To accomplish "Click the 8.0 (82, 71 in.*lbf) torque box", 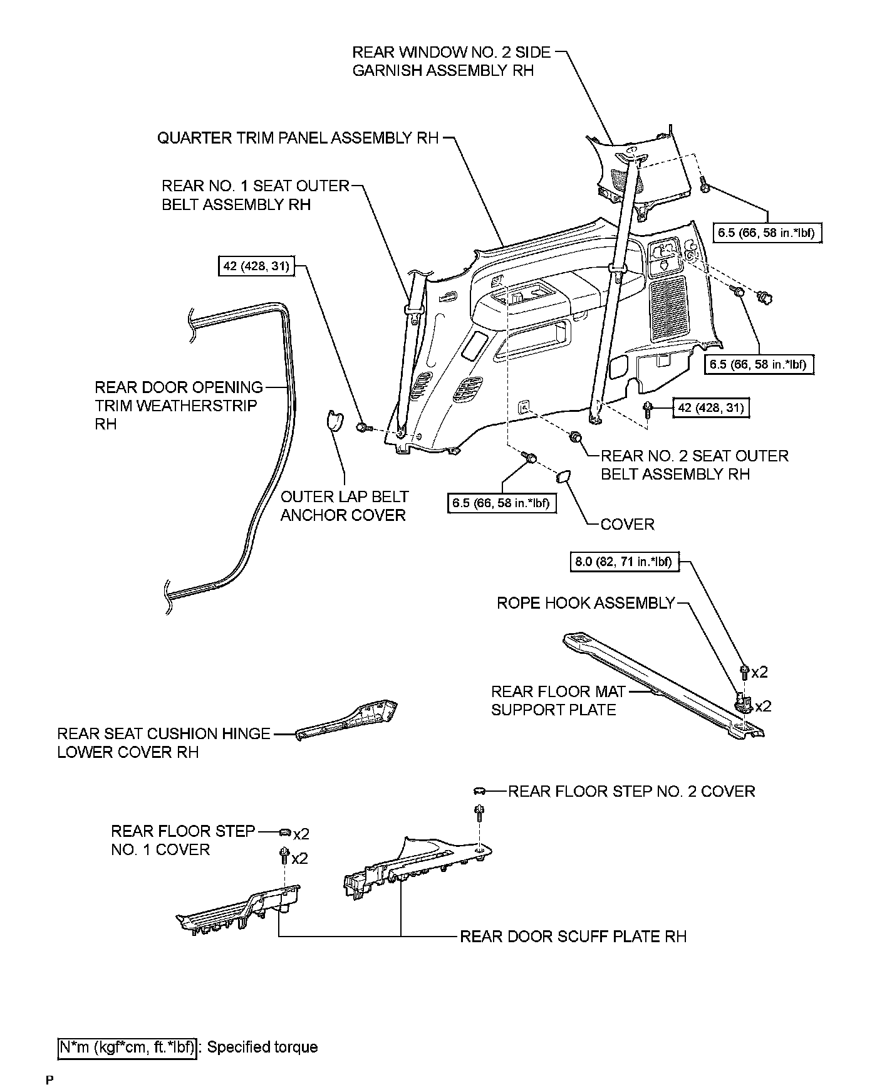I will click(623, 562).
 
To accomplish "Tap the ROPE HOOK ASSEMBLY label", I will click(585, 603).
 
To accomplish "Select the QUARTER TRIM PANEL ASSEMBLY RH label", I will click(298, 139).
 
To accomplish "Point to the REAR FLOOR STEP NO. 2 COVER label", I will click(631, 791).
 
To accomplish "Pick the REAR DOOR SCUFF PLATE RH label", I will click(573, 937).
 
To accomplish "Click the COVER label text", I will click(627, 524).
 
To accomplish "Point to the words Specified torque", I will click(262, 1047).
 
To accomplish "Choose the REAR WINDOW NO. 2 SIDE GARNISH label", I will click(451, 61).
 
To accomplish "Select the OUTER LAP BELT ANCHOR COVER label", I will click(344, 506).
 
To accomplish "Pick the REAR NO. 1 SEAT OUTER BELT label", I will click(254, 195).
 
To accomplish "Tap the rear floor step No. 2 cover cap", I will click(479, 791).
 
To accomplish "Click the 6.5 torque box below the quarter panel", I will click(502, 503).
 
